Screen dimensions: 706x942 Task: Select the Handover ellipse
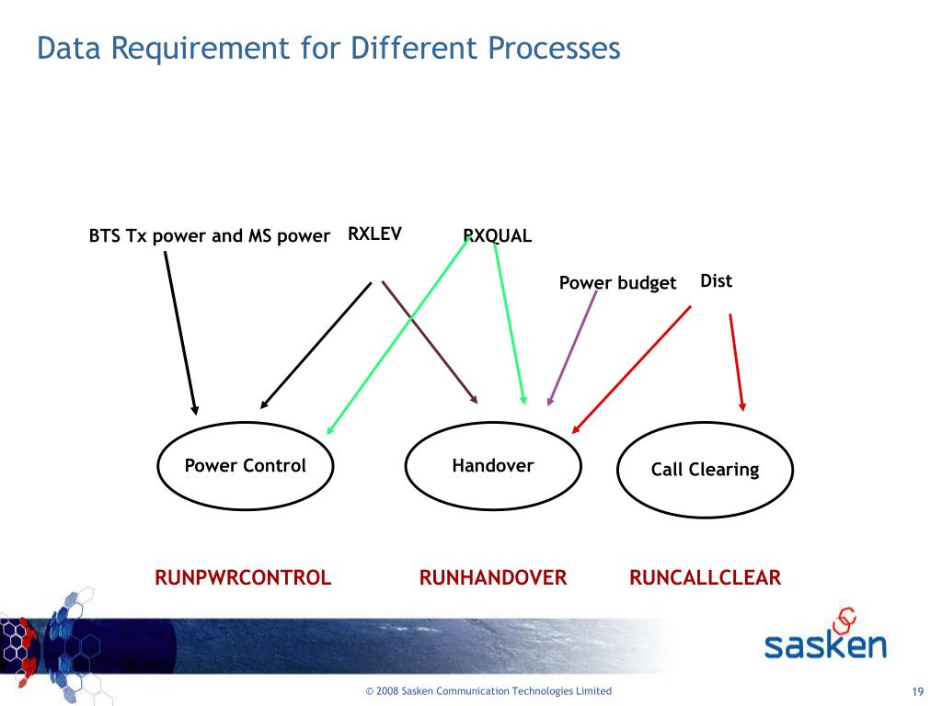[493, 466]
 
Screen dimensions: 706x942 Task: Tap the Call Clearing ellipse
[705, 470]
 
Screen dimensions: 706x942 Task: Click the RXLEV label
[374, 233]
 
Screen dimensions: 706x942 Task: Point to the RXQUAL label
[498, 236]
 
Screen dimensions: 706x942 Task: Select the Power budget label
[617, 283]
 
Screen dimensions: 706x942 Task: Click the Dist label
[716, 280]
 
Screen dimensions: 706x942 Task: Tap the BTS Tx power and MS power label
[209, 236]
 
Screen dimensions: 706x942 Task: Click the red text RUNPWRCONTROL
[243, 578]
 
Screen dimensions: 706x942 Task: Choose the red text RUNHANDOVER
[493, 578]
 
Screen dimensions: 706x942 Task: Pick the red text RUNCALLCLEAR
[705, 578]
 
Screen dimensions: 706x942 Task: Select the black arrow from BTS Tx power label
[180, 333]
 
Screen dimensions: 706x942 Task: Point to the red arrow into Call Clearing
[737, 361]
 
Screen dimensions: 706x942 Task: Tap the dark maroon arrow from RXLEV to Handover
[429, 342]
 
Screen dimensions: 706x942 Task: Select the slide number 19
[916, 692]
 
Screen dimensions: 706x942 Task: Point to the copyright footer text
[488, 691]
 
